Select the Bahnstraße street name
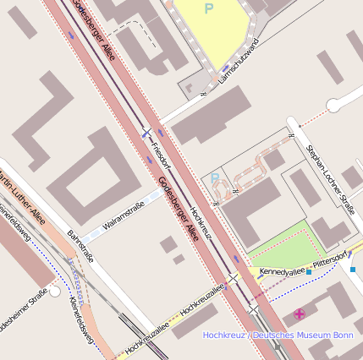(x=80, y=245)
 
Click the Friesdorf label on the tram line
(x=161, y=151)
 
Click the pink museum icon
(x=300, y=314)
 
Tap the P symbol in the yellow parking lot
(x=208, y=8)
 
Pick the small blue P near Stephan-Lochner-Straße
(x=215, y=178)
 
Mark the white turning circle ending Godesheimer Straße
(x=54, y=291)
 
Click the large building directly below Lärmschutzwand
(x=212, y=113)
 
